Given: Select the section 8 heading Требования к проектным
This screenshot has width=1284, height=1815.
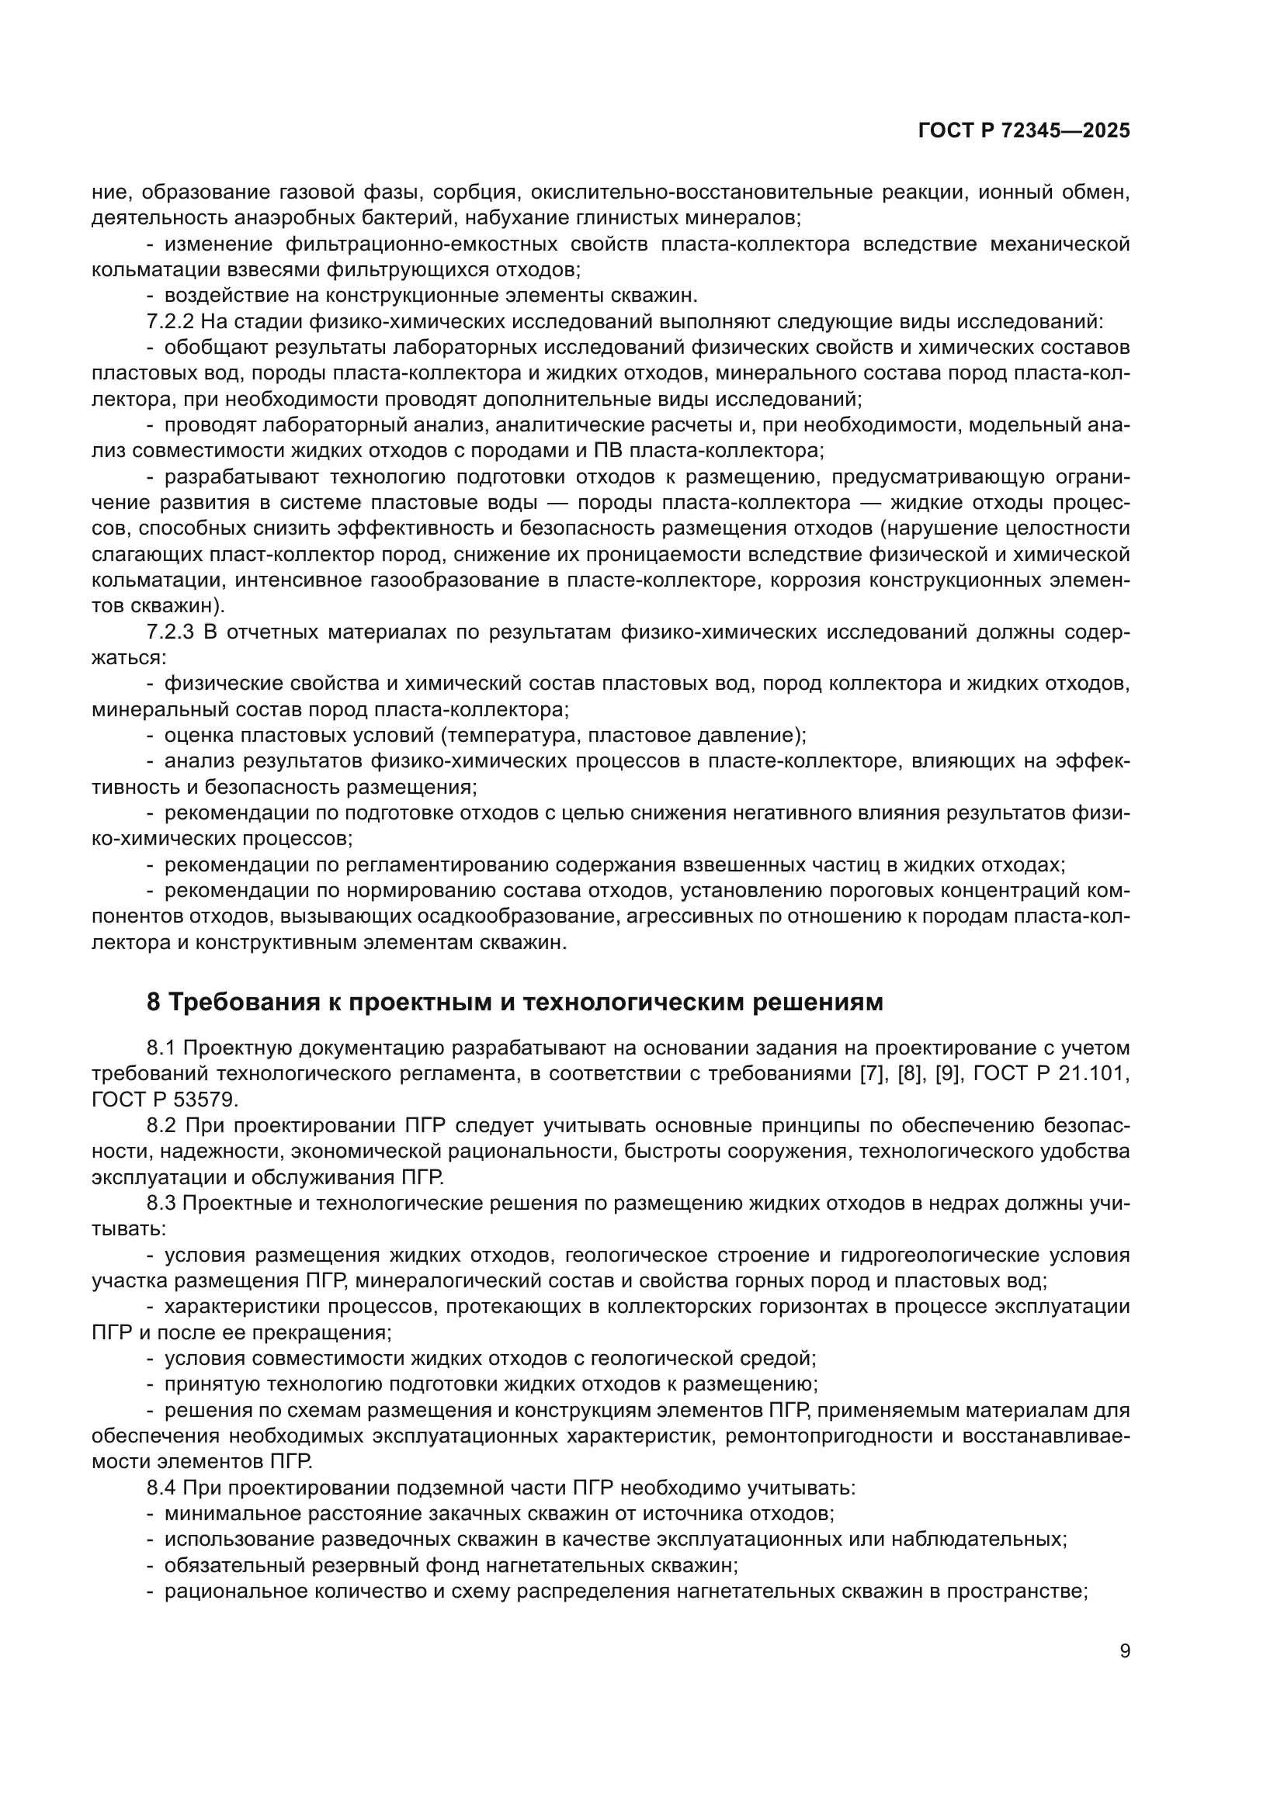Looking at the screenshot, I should [515, 1003].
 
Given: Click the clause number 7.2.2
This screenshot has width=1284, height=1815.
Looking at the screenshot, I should [170, 322].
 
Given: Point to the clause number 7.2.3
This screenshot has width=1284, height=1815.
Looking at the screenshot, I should [170, 632].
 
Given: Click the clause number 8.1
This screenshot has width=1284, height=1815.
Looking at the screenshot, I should [161, 1048].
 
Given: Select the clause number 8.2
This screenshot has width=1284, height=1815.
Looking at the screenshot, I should [161, 1126].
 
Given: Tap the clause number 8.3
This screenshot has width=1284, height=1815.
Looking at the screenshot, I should [161, 1204].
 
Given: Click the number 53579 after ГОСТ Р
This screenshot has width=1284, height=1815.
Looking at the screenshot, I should [192, 1100].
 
